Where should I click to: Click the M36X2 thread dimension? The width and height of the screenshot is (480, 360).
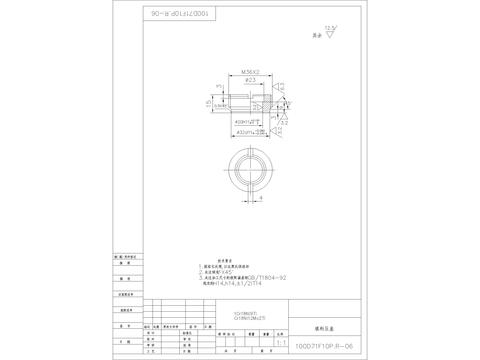[252, 72]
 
